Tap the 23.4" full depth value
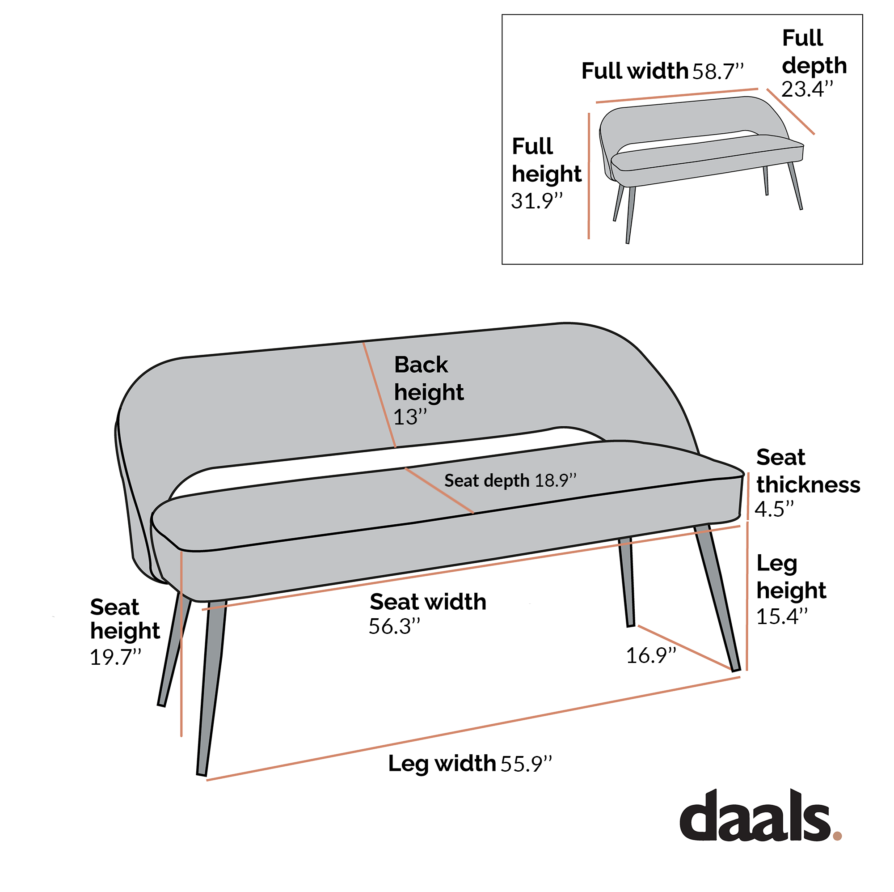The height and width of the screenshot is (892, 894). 807,89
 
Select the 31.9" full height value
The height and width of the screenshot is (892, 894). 537,201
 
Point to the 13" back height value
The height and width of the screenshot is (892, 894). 409,417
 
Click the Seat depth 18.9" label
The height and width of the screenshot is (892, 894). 510,481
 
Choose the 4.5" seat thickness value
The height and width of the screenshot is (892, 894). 774,509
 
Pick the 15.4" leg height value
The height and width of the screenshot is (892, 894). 781,616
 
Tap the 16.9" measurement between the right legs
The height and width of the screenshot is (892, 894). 650,656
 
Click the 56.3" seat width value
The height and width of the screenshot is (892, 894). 394,627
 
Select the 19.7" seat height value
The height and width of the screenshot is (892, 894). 115,657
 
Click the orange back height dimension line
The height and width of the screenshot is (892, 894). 380,395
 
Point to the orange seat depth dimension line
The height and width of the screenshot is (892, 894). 439,490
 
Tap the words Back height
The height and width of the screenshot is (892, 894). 429,378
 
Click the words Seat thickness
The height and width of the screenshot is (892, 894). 808,471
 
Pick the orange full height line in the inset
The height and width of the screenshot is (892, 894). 589,176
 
